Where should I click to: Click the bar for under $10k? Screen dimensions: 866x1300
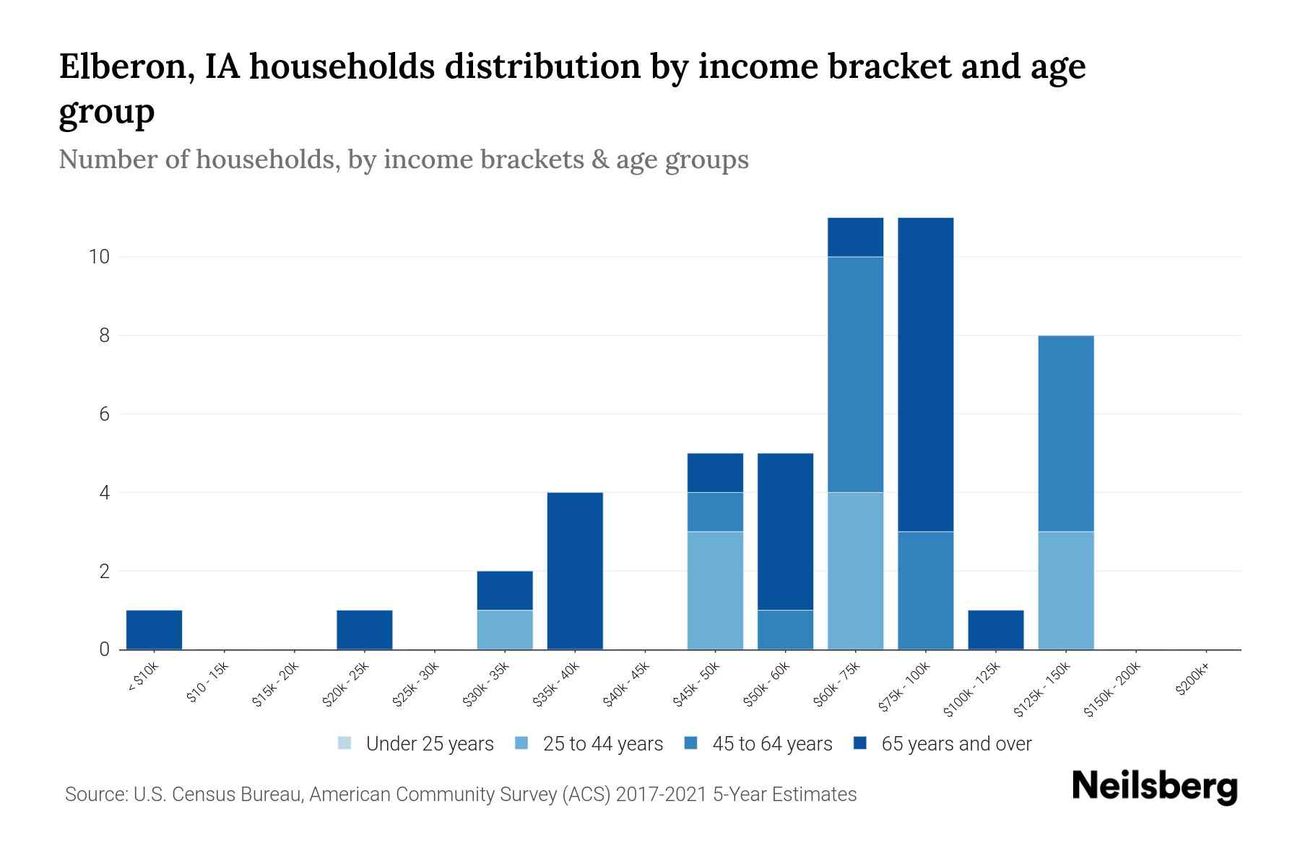click(154, 629)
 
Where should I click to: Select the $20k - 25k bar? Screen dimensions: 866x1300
click(365, 629)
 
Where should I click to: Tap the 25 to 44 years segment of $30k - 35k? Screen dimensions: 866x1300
click(505, 629)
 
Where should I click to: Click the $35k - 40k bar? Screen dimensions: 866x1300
click(575, 570)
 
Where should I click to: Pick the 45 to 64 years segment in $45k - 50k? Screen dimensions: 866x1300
click(715, 512)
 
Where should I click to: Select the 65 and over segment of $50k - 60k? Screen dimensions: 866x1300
click(785, 531)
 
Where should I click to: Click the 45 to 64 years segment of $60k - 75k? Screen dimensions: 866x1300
click(855, 374)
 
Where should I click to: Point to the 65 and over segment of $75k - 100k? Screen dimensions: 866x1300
click(925, 374)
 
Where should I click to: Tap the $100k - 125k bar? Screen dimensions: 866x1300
click(995, 629)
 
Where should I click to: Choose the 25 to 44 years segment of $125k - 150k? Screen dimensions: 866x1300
click(1065, 590)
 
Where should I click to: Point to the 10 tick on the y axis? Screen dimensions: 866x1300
click(98, 257)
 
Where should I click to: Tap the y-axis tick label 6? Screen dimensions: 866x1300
click(104, 414)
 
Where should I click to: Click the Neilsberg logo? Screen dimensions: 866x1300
click(1154, 787)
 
